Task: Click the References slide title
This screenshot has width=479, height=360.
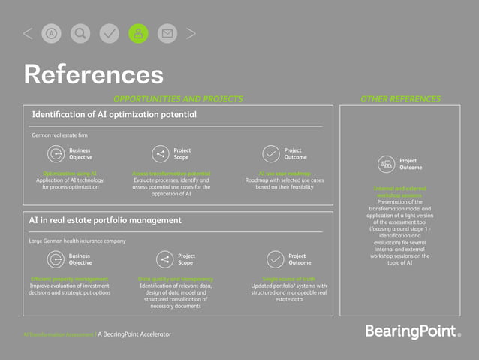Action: pos(94,74)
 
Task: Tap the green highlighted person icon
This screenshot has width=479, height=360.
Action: pos(139,33)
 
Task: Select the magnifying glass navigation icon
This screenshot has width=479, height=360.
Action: pos(80,33)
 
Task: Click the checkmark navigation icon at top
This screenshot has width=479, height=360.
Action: pos(110,33)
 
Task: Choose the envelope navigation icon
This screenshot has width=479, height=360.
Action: pos(167,33)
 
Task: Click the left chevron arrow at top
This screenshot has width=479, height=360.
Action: pos(28,33)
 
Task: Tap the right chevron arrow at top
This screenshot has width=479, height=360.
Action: pos(191,33)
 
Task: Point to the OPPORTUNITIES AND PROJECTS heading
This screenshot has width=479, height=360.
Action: pos(178,99)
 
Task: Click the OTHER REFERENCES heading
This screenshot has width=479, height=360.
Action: pos(400,99)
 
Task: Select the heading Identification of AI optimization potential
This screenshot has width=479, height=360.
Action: pos(114,115)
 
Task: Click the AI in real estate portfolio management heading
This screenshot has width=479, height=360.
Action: pos(105,220)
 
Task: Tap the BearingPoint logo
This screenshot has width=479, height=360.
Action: pos(413,331)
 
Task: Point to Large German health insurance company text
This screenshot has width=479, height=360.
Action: pos(77,241)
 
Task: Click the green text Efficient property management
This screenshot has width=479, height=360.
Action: pos(75,279)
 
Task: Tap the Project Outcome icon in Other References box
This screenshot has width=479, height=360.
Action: pos(387,164)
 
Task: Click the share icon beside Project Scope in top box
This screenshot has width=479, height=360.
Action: pos(160,154)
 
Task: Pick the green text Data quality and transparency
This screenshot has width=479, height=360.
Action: pos(174,279)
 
